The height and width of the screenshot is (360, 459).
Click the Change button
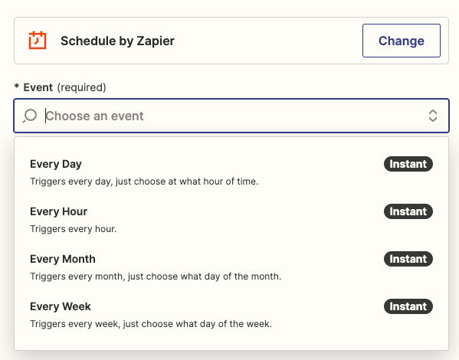[x=402, y=41]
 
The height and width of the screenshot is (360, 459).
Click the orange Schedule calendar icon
[x=38, y=40]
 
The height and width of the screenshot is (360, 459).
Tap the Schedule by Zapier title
[x=117, y=41]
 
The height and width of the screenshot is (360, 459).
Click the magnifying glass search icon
[x=30, y=116]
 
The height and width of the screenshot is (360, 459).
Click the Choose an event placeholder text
[x=94, y=116]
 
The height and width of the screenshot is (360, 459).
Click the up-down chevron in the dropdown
[x=433, y=116]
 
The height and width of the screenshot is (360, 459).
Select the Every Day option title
[x=56, y=164]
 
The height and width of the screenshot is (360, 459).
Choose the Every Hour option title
[x=58, y=211]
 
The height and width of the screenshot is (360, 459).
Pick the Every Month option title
[x=63, y=259]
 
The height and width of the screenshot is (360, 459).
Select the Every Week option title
[x=61, y=306]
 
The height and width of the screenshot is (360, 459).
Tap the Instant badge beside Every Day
[x=408, y=164]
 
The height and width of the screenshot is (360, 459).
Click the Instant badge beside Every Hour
[x=408, y=211]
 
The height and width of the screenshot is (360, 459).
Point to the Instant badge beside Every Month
[x=408, y=259]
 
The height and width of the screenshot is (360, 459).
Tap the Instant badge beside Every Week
[x=408, y=306]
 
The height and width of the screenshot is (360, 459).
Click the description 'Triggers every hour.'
[x=74, y=229]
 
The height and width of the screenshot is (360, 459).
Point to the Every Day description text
[x=144, y=182]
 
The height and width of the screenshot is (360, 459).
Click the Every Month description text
[x=156, y=277]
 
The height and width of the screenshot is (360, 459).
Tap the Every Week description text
[x=151, y=324]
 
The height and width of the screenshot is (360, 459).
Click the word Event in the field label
[x=38, y=87]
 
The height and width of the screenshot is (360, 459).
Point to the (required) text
[x=81, y=87]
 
